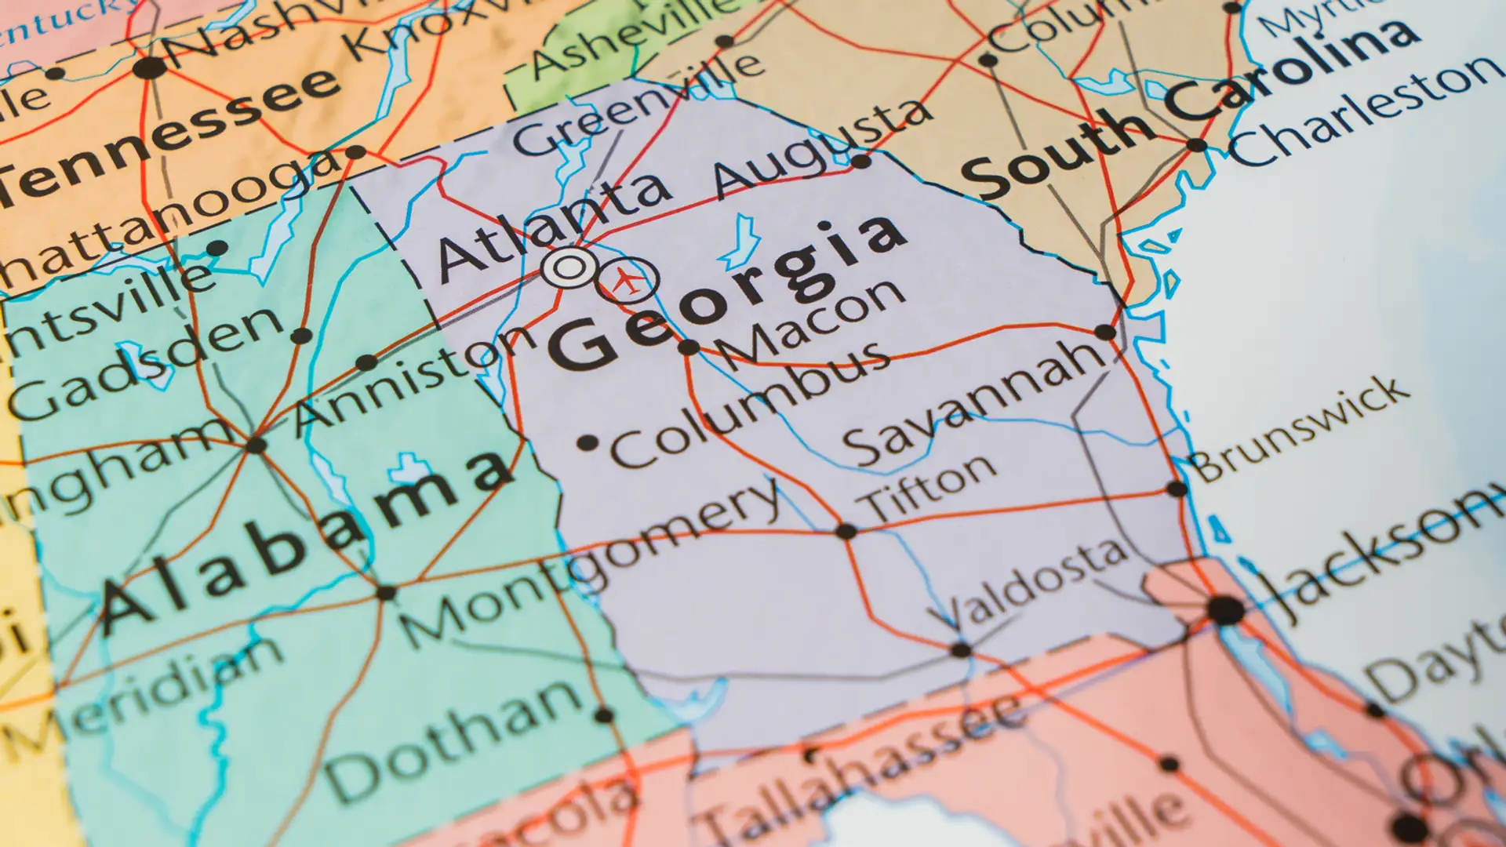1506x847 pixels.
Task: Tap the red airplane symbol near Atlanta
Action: [x=626, y=280]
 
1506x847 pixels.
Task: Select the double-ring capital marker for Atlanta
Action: [x=569, y=268]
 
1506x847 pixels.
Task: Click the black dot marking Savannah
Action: [x=1105, y=332]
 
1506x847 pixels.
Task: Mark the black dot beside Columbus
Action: [x=587, y=443]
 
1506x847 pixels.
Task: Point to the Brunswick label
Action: [x=1298, y=427]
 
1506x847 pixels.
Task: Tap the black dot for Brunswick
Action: [x=1177, y=489]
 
